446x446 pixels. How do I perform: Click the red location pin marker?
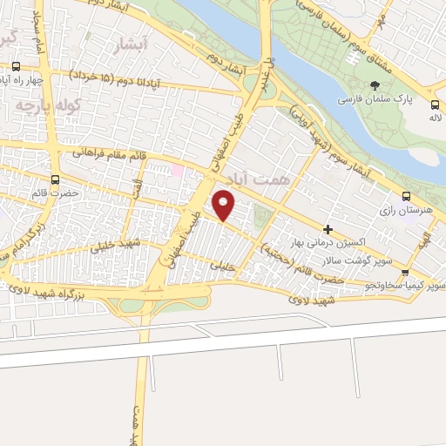[225, 204]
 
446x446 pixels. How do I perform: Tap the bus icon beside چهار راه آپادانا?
[16, 66]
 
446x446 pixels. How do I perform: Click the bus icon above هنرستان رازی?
[406, 196]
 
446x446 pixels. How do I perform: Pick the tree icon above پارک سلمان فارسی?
[375, 85]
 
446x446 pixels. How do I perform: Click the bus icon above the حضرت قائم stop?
[57, 180]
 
